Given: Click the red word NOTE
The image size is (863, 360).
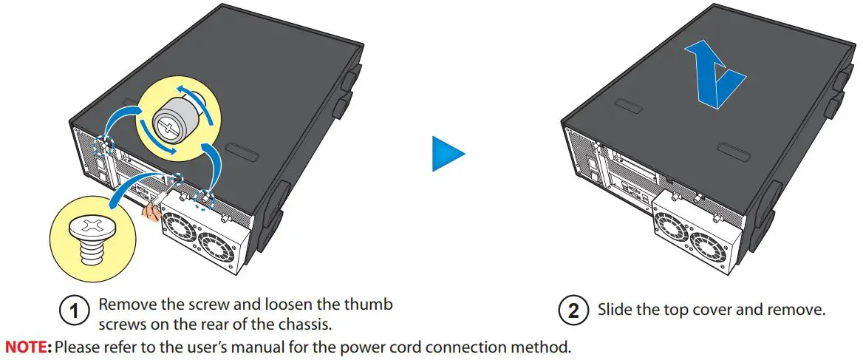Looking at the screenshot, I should [27, 346].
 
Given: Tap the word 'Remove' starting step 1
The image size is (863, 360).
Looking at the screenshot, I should [123, 304].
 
